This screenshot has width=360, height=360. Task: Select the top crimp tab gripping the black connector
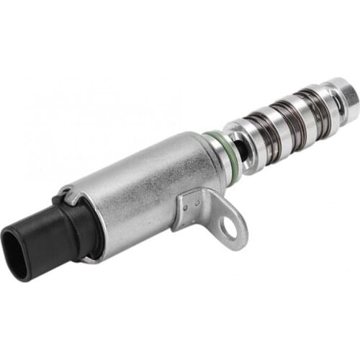point(66,194)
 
